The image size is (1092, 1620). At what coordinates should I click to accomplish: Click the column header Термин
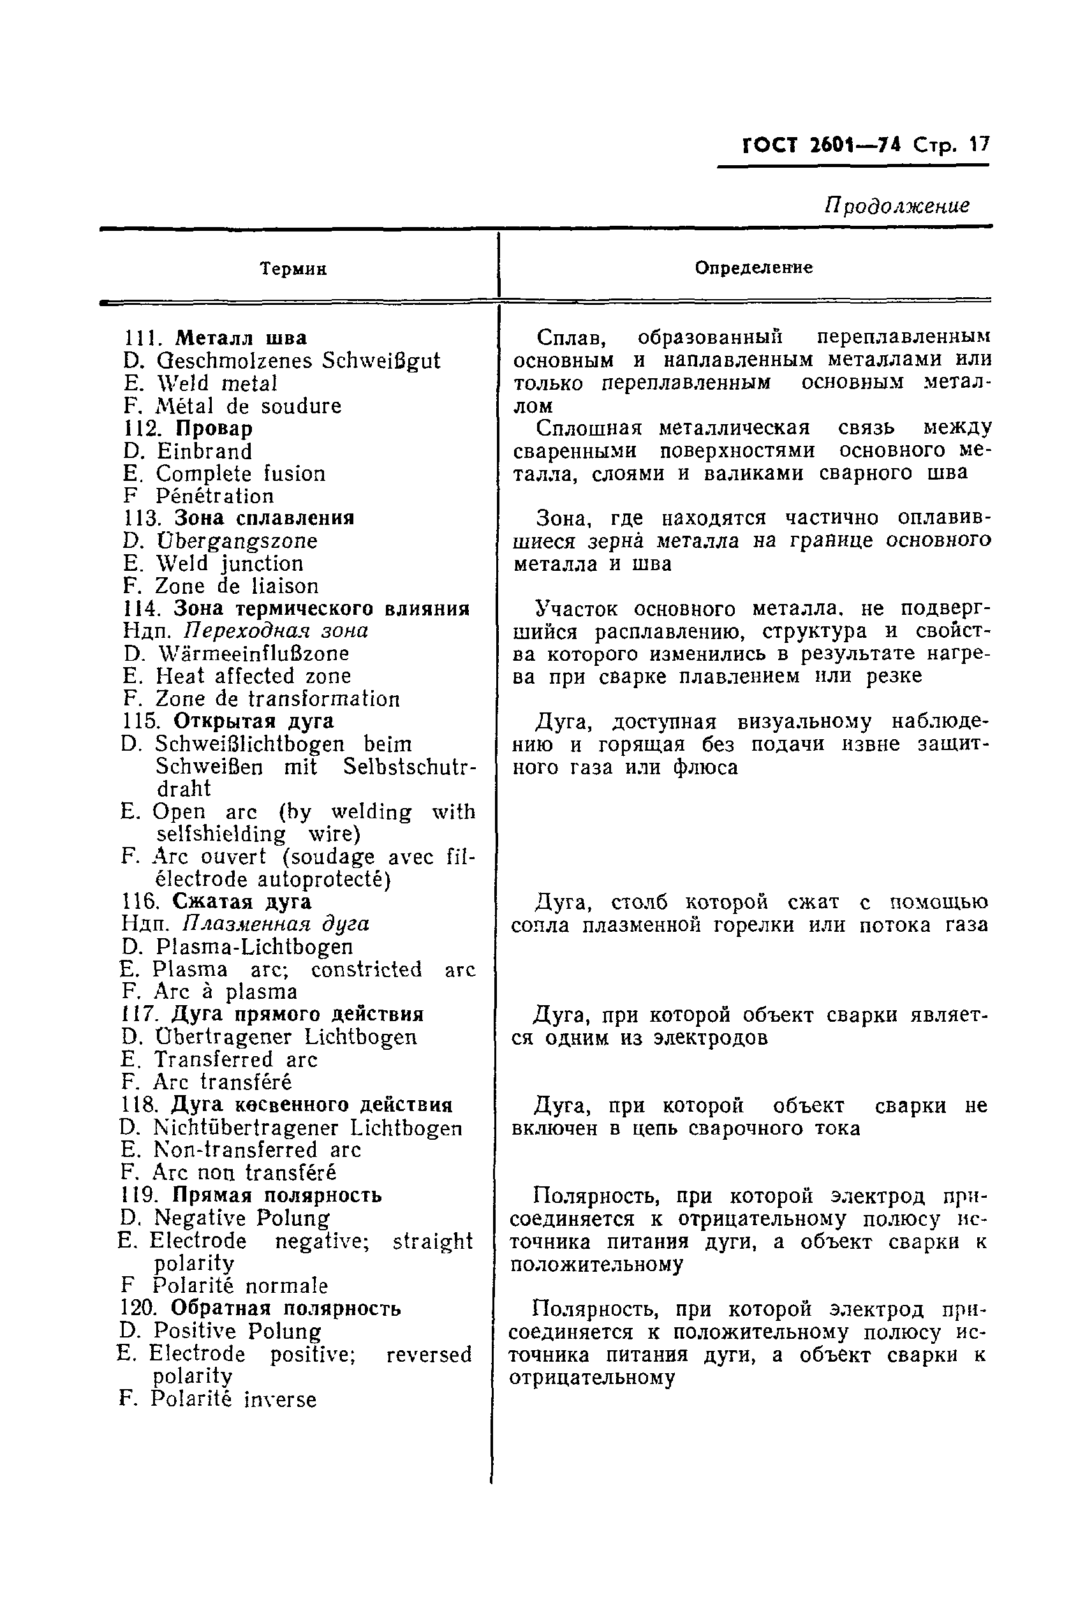293,269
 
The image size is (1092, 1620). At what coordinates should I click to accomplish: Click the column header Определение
753,267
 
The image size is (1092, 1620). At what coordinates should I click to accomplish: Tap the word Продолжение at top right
897,205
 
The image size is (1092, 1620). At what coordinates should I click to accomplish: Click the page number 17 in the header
978,145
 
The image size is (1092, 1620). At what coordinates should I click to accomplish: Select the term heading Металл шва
240,337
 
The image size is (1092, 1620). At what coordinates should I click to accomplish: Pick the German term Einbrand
204,451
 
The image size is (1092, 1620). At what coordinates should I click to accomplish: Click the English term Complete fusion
240,473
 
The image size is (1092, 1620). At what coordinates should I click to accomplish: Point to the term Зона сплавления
263,518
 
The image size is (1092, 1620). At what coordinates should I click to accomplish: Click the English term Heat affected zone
253,676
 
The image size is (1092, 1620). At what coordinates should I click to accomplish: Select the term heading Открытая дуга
253,721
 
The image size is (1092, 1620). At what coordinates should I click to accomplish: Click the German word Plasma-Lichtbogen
255,946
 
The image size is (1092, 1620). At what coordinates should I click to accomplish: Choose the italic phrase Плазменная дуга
276,924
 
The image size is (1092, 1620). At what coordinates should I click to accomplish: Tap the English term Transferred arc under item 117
235,1059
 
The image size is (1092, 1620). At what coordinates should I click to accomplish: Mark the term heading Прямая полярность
276,1195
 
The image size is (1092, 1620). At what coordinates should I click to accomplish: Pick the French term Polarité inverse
233,1399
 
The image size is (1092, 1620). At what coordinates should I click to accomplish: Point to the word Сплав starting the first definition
570,337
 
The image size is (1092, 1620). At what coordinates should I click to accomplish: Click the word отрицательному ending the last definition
592,1377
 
